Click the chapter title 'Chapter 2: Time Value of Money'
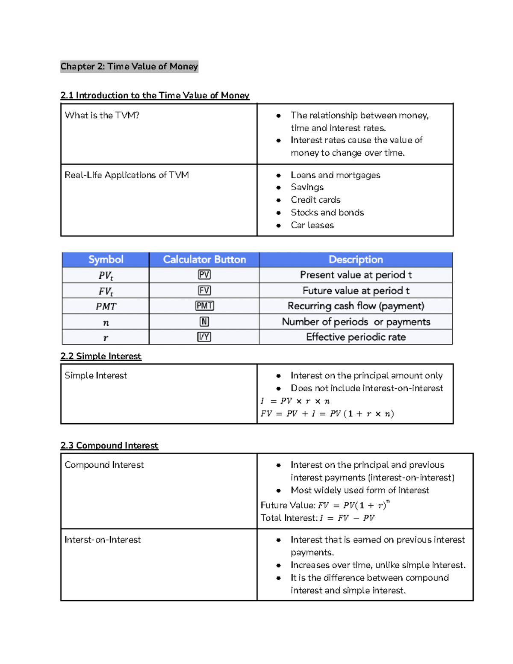click(x=129, y=66)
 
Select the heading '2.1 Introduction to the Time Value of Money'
click(x=155, y=95)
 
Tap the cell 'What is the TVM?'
click(x=102, y=115)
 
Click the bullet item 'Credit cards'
click(x=315, y=200)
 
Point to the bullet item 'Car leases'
click(x=312, y=225)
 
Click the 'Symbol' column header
click(x=106, y=260)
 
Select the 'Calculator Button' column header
click(x=204, y=260)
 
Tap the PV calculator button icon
click(x=204, y=275)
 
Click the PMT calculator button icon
click(x=204, y=306)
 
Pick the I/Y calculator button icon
click(x=204, y=337)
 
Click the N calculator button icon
click(x=204, y=322)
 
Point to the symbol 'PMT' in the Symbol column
click(x=106, y=307)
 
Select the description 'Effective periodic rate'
click(x=356, y=337)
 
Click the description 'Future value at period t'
click(x=356, y=291)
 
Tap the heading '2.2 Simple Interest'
click(x=101, y=356)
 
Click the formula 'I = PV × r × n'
click(x=295, y=401)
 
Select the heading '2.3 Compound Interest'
click(x=109, y=446)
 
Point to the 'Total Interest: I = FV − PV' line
click(x=318, y=518)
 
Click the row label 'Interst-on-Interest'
click(x=103, y=540)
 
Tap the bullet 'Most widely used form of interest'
click(x=360, y=490)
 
